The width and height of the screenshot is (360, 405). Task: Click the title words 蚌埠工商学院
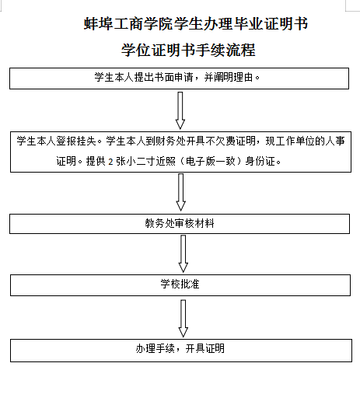coord(128,24)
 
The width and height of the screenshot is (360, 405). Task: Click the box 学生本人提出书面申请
coord(179,79)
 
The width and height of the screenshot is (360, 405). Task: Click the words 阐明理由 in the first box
coord(229,77)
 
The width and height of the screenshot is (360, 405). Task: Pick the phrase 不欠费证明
coord(230,141)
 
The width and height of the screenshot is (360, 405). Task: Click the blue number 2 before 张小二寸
coord(110,162)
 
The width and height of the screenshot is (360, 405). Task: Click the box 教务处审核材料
coord(180,224)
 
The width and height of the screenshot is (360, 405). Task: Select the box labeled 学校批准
coord(180,285)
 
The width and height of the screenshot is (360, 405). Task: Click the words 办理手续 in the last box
coord(155,348)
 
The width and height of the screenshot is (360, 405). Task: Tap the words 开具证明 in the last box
coord(205,348)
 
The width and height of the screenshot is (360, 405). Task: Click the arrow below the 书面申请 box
coord(180,110)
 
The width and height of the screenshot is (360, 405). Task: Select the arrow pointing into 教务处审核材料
coord(181,192)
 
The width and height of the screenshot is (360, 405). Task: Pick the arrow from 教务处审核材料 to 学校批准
coord(183,254)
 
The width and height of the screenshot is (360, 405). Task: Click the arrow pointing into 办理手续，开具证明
coord(183,319)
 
